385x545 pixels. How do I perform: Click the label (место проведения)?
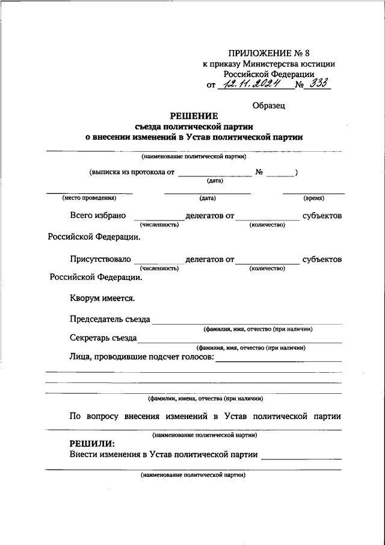pos(89,198)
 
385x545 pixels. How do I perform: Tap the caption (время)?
pos(313,198)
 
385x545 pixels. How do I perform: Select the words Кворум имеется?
pos(102,298)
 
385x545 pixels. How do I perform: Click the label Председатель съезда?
pos(109,319)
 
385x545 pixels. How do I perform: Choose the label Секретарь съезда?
pos(103,338)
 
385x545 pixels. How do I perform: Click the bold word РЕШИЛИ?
pos(91,444)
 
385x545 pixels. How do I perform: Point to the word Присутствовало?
pos(100,260)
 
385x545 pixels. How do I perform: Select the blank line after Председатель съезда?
pos(247,323)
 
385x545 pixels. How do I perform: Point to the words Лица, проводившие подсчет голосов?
pos(141,358)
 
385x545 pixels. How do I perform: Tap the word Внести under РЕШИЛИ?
pos(84,455)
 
